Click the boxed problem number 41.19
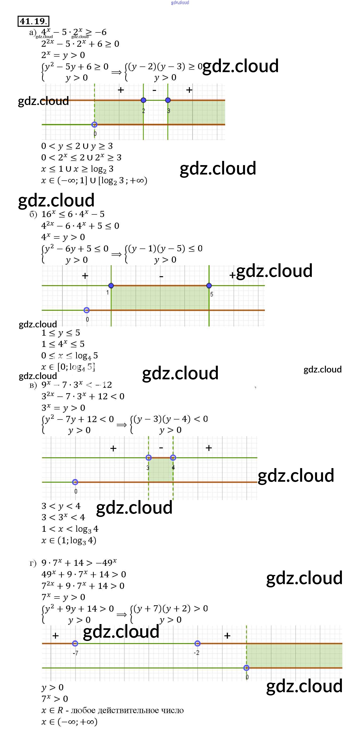click(33, 21)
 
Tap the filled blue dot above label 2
click(143, 100)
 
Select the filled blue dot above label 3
click(168, 100)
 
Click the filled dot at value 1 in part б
click(111, 286)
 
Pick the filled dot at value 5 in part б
click(209, 286)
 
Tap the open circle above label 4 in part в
click(173, 458)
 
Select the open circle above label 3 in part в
click(149, 458)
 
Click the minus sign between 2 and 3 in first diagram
click(154, 90)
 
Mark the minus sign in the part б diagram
click(161, 276)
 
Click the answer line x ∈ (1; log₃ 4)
click(69, 540)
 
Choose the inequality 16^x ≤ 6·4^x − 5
click(73, 214)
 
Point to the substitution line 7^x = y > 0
click(63, 597)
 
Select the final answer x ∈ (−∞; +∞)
click(70, 722)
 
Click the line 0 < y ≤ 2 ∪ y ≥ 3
click(77, 146)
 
